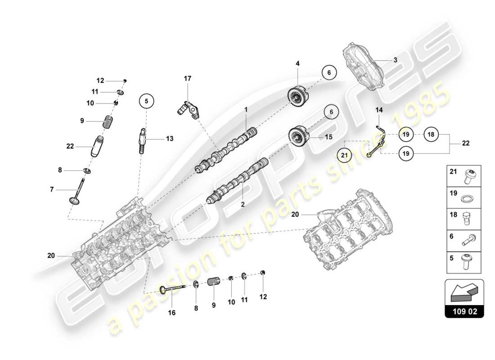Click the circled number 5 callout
(x=146, y=101)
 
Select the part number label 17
(x=187, y=78)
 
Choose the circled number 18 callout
(x=431, y=134)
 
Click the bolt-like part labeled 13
(x=140, y=137)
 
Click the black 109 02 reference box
(x=464, y=311)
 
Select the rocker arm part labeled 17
(x=184, y=110)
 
